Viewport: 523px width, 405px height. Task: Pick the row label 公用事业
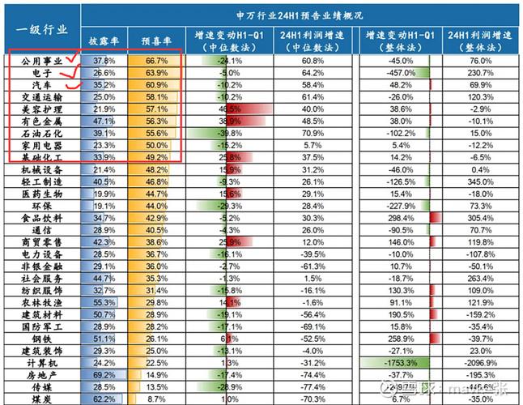pos(42,61)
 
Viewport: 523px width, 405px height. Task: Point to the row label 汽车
pos(42,84)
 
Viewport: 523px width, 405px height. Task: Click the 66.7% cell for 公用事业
pos(155,61)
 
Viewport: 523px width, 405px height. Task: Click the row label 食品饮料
pos(42,219)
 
